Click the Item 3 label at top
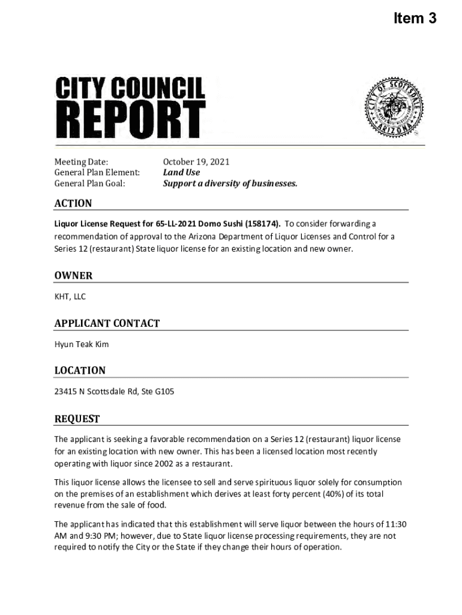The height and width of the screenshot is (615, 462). click(x=415, y=19)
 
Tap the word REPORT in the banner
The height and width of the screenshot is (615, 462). click(x=130, y=120)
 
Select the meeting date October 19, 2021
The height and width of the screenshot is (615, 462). click(x=196, y=162)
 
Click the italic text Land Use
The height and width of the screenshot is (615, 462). click(x=182, y=173)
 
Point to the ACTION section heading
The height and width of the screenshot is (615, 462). click(x=73, y=204)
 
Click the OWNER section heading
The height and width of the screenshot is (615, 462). click(x=73, y=276)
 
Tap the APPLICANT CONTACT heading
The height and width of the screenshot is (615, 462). click(x=107, y=323)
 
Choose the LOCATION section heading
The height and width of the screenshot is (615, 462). click(x=80, y=371)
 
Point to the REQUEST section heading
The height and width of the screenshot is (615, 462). click(x=77, y=419)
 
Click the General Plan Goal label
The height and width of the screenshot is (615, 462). click(x=90, y=184)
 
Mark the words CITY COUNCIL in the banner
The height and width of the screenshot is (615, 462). click(x=130, y=89)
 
